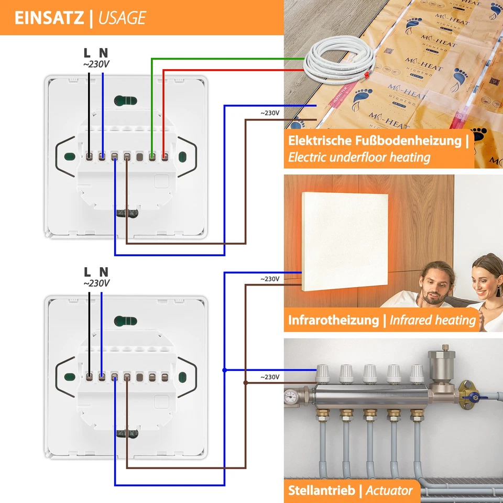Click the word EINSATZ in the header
(x=49, y=18)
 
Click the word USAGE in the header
(x=123, y=18)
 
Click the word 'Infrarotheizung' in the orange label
(x=333, y=320)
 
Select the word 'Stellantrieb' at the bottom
(x=322, y=491)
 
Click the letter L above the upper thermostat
(x=88, y=52)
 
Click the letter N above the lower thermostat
(x=104, y=271)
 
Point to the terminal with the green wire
(x=152, y=156)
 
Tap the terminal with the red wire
(x=165, y=156)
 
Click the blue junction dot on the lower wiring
(x=224, y=370)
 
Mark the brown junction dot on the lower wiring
(x=245, y=382)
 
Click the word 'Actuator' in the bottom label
(x=389, y=491)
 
